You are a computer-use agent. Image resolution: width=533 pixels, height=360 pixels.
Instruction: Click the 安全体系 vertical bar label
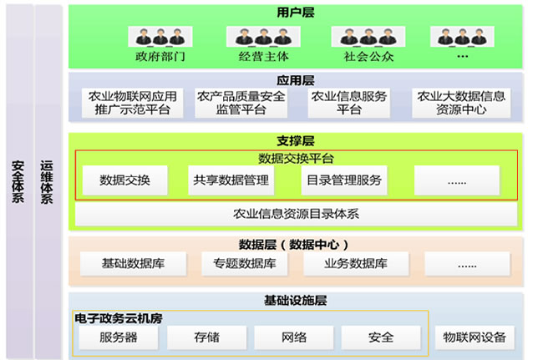tap(18, 176)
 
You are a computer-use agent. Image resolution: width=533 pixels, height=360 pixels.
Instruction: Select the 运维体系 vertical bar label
tap(48, 176)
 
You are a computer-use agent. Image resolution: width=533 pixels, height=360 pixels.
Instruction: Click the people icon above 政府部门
tap(160, 37)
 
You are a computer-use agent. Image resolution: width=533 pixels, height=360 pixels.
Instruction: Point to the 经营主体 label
tap(265, 58)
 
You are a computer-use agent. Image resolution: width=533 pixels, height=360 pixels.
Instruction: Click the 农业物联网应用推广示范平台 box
tap(133, 103)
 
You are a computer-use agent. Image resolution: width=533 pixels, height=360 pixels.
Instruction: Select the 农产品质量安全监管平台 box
tap(241, 103)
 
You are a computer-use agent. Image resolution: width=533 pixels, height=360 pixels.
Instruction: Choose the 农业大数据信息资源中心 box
tap(461, 103)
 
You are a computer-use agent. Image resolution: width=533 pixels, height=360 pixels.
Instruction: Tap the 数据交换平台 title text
tap(296, 158)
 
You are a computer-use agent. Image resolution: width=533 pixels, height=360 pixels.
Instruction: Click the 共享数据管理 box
tap(231, 180)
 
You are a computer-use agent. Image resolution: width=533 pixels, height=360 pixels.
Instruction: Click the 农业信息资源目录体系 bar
tap(296, 214)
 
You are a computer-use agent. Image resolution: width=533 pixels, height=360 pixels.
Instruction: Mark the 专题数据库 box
tap(243, 264)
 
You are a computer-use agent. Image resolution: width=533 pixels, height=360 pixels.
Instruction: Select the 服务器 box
tap(118, 337)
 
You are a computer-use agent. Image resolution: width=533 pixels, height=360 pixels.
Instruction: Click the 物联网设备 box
tap(475, 337)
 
